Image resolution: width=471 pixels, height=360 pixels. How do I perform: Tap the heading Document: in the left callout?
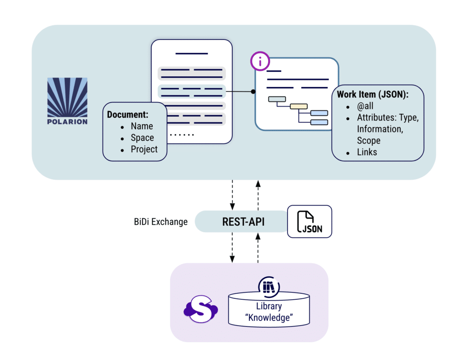click(127, 114)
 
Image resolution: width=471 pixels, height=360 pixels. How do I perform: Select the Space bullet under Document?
click(142, 137)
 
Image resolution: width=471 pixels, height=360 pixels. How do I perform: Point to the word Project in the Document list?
click(144, 149)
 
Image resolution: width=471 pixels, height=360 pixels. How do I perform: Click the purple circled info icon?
click(260, 62)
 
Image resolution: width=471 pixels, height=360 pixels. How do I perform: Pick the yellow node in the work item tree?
click(299, 106)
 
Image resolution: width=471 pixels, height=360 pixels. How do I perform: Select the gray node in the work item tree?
click(277, 99)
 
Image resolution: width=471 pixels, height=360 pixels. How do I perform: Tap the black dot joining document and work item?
click(253, 91)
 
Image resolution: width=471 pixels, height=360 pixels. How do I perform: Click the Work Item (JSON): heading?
click(373, 94)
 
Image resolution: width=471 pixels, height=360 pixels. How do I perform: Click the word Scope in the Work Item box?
click(368, 140)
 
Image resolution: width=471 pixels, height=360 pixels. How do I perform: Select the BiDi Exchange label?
click(157, 222)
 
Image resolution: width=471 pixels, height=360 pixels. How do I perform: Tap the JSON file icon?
click(310, 222)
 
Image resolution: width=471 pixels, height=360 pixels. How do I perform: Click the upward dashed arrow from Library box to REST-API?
click(258, 248)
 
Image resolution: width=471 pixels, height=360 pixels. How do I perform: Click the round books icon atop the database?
click(269, 286)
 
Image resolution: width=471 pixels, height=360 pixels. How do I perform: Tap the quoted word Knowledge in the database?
click(269, 317)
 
